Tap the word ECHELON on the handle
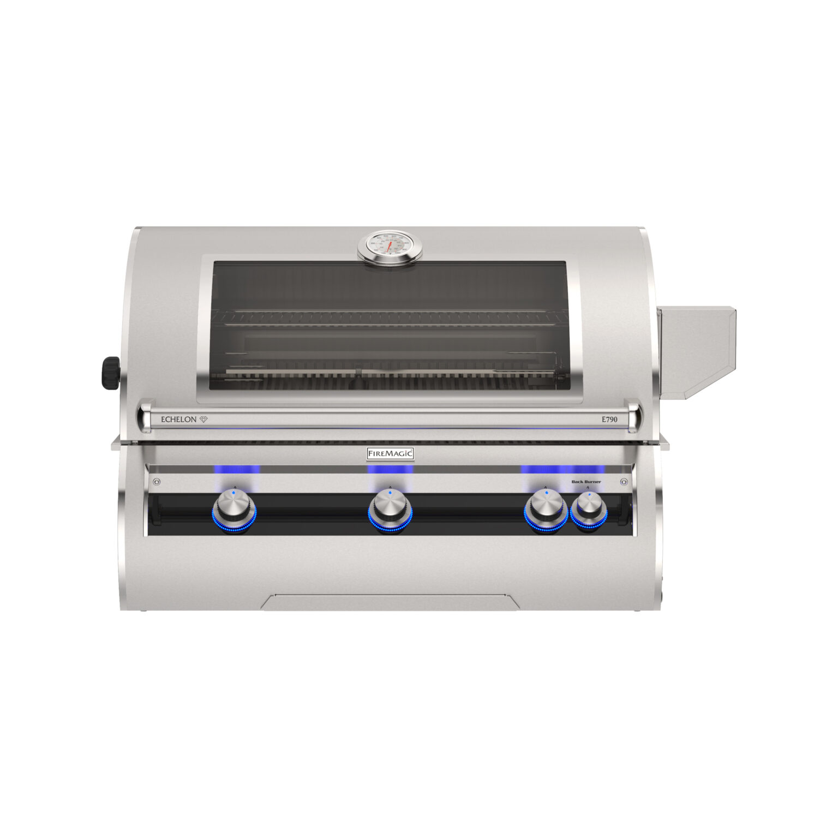click(x=178, y=420)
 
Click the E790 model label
click(x=609, y=420)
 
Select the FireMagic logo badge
click(x=390, y=453)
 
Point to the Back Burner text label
click(x=586, y=482)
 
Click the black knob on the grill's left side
click(x=111, y=373)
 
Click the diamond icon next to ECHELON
click(x=203, y=420)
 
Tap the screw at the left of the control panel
click(x=157, y=482)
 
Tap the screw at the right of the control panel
click(x=624, y=482)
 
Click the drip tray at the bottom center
click(x=390, y=602)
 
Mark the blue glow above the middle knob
click(x=390, y=469)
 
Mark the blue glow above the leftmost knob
click(x=236, y=469)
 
